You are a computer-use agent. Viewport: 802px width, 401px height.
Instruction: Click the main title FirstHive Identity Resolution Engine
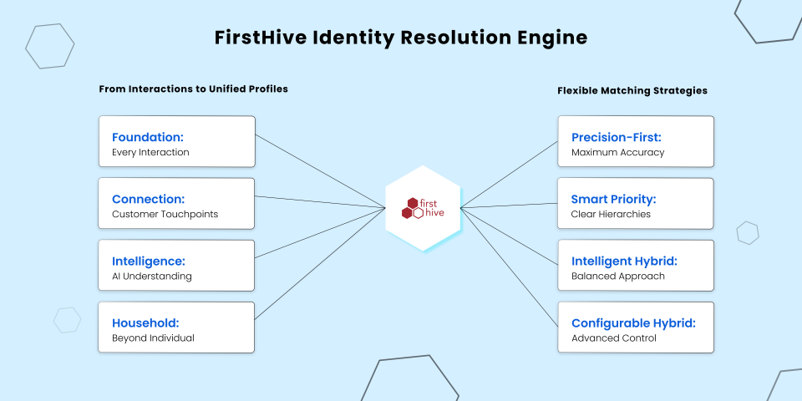tap(401, 38)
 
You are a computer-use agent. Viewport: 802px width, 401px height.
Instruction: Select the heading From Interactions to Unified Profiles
tap(193, 89)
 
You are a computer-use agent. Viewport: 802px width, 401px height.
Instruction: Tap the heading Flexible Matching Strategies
tap(632, 90)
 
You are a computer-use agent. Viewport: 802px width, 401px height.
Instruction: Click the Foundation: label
tap(148, 137)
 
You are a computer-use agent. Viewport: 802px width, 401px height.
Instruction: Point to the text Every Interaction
tap(150, 152)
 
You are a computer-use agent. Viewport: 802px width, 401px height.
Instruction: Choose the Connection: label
tap(149, 199)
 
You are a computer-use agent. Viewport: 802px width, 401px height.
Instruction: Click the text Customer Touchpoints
tap(165, 215)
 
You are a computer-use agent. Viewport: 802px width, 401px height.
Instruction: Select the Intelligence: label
tap(149, 261)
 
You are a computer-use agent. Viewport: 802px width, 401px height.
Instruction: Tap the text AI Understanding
tap(152, 277)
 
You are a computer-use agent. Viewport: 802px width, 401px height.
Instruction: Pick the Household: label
tap(145, 323)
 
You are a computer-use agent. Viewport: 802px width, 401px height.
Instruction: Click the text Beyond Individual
tap(153, 338)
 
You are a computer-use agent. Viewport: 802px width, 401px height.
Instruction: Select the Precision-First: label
tap(617, 137)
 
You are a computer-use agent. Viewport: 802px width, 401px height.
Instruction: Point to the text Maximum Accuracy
tap(618, 152)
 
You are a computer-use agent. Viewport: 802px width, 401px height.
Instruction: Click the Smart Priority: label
tap(613, 199)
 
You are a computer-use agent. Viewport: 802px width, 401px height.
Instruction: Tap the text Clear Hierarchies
tap(611, 215)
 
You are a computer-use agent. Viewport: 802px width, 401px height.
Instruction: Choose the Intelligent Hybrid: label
tap(624, 261)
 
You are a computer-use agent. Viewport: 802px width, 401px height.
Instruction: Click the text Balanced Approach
tap(618, 277)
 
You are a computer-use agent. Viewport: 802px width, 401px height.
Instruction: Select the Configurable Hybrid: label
tap(634, 323)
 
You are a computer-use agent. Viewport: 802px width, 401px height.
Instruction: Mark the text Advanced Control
tap(614, 338)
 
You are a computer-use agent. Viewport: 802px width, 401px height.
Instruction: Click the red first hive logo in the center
tap(423, 208)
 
